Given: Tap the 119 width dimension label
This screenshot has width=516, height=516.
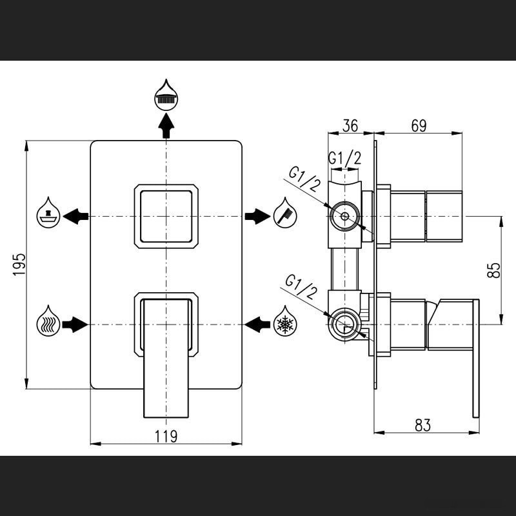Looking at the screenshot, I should [166, 436].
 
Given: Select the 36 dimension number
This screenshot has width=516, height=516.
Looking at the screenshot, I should [350, 126].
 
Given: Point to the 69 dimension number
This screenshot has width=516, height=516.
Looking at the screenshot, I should [419, 126].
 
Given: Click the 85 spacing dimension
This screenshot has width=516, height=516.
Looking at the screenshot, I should [493, 269].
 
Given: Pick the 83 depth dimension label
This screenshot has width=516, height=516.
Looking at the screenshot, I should [422, 425].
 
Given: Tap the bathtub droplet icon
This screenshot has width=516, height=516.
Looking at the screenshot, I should [48, 211].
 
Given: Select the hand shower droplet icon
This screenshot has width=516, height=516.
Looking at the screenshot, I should [285, 211].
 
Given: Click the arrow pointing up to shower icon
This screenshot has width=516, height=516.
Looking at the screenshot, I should [166, 125].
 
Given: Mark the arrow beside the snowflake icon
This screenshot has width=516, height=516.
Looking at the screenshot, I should [257, 323].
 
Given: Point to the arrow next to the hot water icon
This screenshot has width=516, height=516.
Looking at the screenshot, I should [76, 323].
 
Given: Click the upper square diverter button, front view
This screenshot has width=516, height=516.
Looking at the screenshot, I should [166, 215].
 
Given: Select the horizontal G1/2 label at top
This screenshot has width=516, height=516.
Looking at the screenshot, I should [344, 158].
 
